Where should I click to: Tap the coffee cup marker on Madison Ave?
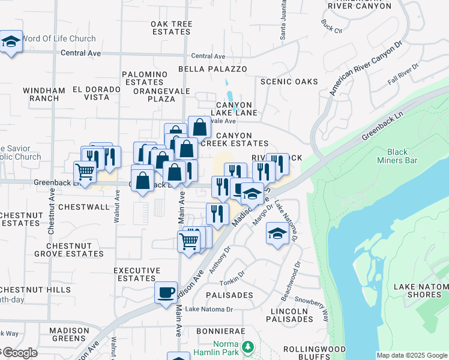point(166,293)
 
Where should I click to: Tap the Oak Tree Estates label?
point(172,28)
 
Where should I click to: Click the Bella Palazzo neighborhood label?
point(212,69)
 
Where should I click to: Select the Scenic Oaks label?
point(289,82)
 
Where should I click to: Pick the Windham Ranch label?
point(44,94)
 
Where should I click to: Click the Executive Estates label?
point(137,274)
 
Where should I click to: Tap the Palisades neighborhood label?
point(229,295)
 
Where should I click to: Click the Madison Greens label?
point(69,334)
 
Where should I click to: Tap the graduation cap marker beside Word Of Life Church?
point(11,42)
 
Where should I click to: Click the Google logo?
point(19,353)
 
